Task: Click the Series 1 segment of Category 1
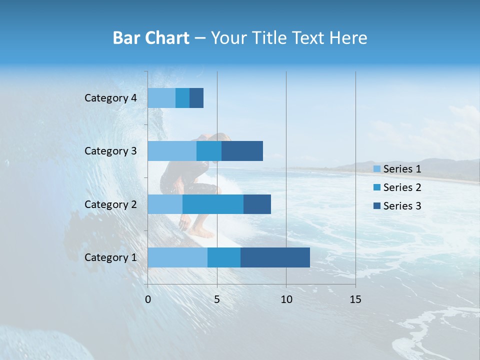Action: click(x=177, y=257)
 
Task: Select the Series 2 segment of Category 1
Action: click(x=223, y=257)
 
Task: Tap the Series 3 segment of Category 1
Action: click(x=275, y=257)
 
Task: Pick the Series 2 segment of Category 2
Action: click(x=213, y=204)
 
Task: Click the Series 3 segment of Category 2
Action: click(x=257, y=204)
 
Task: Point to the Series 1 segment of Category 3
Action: click(x=172, y=151)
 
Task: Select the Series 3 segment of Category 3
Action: click(x=242, y=151)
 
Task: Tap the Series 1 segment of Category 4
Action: click(x=161, y=98)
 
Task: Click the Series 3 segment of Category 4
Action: click(x=196, y=98)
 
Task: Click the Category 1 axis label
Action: click(x=110, y=257)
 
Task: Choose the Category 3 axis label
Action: click(x=110, y=151)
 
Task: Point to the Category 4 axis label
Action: click(x=110, y=98)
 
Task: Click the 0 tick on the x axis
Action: click(x=148, y=299)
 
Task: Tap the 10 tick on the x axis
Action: click(x=286, y=299)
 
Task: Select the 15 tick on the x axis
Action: click(x=355, y=299)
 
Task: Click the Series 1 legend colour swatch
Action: click(x=377, y=169)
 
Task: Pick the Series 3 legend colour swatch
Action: click(x=377, y=206)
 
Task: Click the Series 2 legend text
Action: click(x=402, y=187)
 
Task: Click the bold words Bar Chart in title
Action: click(x=151, y=38)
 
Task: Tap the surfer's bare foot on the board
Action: click(x=202, y=233)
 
